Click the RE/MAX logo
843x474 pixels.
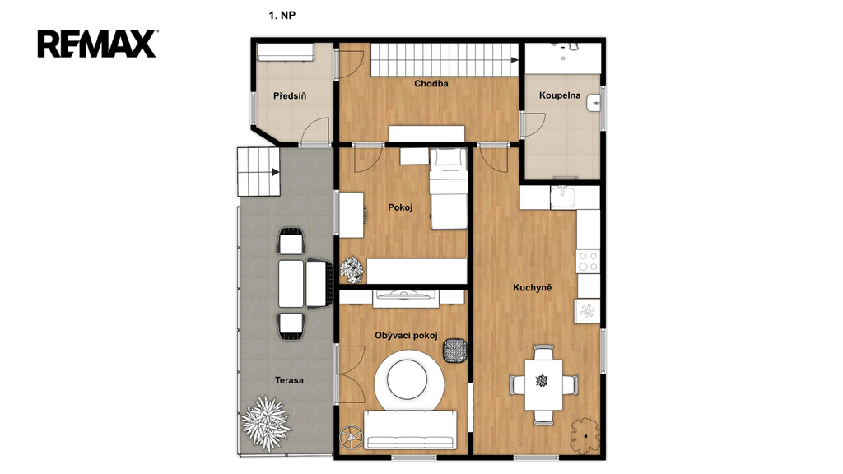click(97, 44)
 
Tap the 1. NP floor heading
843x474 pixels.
click(282, 15)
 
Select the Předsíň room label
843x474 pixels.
click(290, 95)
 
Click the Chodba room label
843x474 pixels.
click(431, 83)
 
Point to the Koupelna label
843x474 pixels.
click(560, 95)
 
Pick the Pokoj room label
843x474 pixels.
click(400, 207)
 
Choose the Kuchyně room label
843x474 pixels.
click(533, 287)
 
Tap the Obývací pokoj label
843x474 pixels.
click(406, 336)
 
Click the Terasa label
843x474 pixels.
click(289, 380)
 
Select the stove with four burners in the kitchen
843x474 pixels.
click(588, 262)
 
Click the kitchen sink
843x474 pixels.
click(563, 197)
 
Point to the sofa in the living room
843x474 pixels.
click(410, 430)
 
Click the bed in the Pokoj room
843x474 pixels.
click(448, 189)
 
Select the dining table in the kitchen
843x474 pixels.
click(543, 385)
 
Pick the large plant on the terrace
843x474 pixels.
click(266, 424)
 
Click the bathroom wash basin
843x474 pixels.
click(594, 103)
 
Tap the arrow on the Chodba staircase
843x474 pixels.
click(515, 59)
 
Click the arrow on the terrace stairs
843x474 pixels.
click(275, 173)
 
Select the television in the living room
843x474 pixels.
click(407, 294)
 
